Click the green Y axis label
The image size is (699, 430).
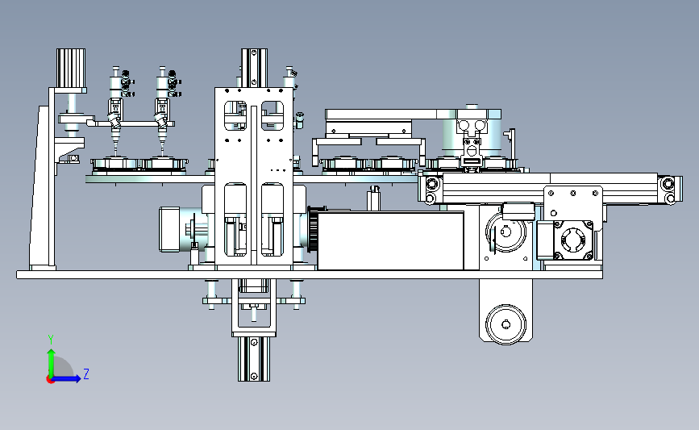point(51,340)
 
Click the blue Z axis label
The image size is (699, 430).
point(86,374)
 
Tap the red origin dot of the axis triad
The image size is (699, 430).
point(50,380)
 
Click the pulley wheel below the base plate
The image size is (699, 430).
point(506,324)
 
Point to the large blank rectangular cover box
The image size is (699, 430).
point(390,241)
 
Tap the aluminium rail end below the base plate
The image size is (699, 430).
point(254,359)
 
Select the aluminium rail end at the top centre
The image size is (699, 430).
point(254,68)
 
